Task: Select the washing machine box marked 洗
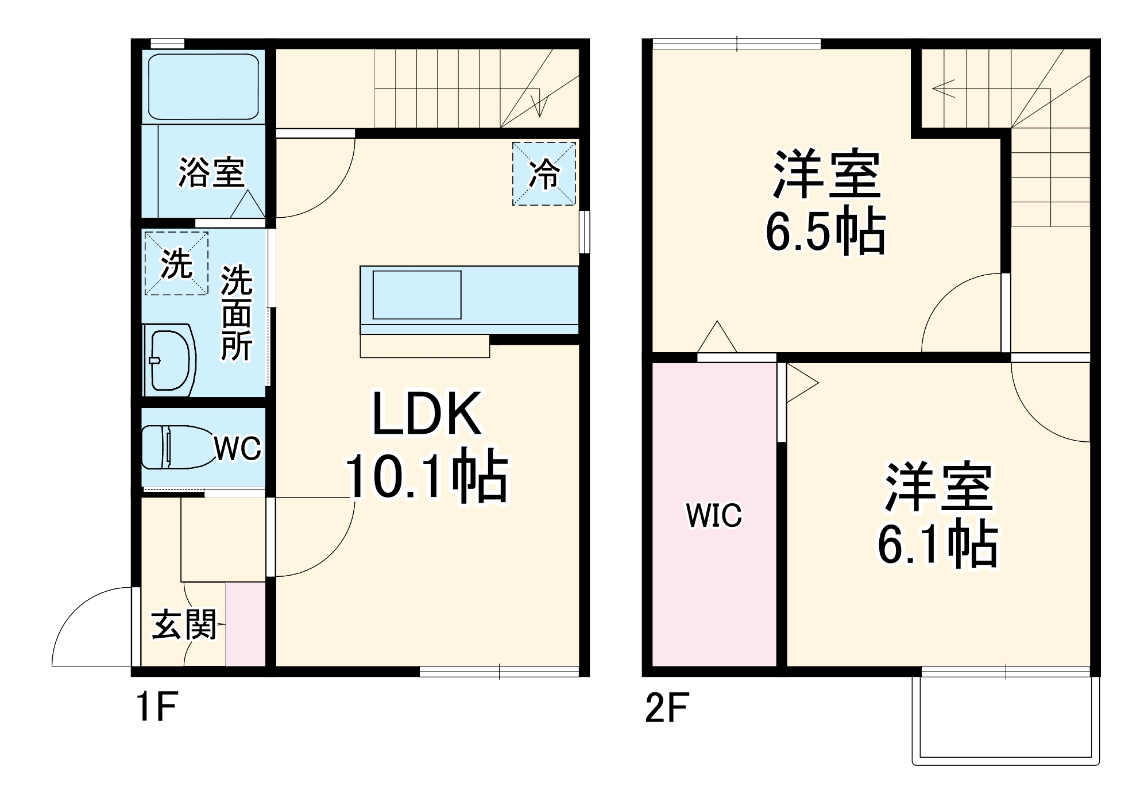pos(176,263)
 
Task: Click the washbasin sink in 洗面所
pos(169,360)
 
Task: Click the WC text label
pos(238,448)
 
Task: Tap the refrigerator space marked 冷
pos(543,174)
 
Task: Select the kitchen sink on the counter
pos(417,295)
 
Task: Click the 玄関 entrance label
pos(184,624)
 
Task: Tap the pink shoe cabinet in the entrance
pos(246,624)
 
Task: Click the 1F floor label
pos(156,707)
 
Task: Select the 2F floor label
pos(666,708)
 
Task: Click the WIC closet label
pos(714,515)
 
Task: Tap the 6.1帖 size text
pos(937,543)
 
